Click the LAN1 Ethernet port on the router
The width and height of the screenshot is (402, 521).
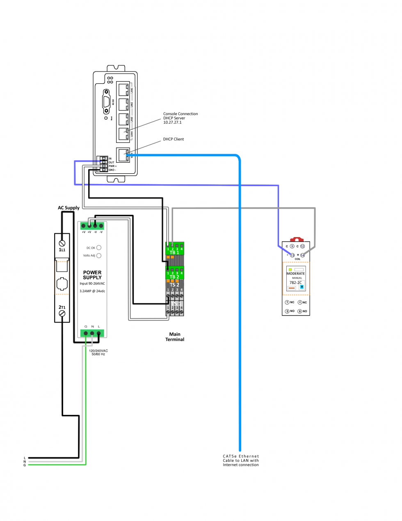pyautogui.click(x=123, y=89)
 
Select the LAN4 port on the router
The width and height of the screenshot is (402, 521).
pyautogui.click(x=123, y=134)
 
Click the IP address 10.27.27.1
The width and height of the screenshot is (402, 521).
pyautogui.click(x=172, y=122)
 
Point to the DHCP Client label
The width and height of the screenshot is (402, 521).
pyautogui.click(x=174, y=139)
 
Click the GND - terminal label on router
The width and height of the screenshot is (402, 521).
pyautogui.click(x=112, y=170)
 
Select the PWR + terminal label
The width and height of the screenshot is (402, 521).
pyautogui.click(x=112, y=166)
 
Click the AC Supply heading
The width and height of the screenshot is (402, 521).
pyautogui.click(x=69, y=208)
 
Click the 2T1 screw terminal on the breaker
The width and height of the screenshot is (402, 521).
pyautogui.click(x=62, y=314)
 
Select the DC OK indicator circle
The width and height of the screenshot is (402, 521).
pyautogui.click(x=99, y=248)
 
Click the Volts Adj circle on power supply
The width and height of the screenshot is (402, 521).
pyautogui.click(x=99, y=256)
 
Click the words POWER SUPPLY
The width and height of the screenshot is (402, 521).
pyautogui.click(x=92, y=275)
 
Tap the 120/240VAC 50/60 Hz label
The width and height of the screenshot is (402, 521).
pyautogui.click(x=98, y=353)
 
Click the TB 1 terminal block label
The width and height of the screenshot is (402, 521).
pyautogui.click(x=174, y=253)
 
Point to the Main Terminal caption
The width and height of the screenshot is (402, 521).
pyautogui.click(x=175, y=337)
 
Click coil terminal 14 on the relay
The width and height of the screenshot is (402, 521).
pyautogui.click(x=302, y=255)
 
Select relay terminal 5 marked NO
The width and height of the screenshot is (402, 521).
pyautogui.click(x=287, y=311)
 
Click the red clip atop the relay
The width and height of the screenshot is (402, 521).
pyautogui.click(x=296, y=239)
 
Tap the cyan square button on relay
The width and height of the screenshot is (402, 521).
pyautogui.click(x=302, y=287)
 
